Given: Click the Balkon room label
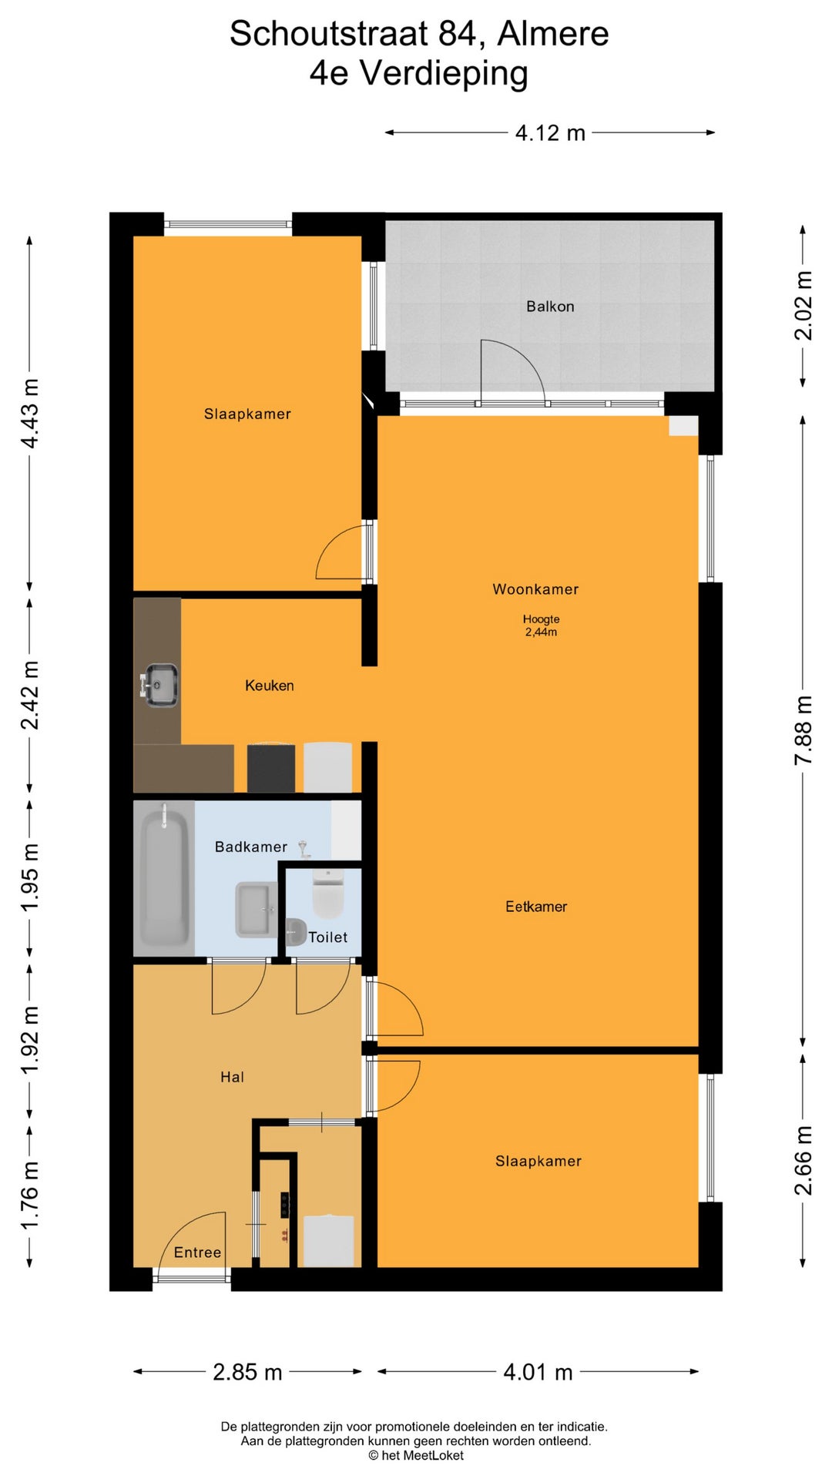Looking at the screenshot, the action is [550, 307].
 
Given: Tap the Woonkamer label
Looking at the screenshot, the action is [535, 589].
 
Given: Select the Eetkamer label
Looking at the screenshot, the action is [536, 907].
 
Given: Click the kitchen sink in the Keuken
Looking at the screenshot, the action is [159, 685].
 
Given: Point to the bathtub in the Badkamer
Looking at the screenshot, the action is [164, 878].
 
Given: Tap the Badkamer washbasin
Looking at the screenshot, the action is [257, 910].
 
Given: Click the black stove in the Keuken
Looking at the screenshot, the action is [270, 767].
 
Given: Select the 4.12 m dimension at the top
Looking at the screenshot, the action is [550, 132].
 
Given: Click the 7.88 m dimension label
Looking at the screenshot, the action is [803, 729].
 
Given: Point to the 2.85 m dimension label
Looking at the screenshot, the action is [247, 1372].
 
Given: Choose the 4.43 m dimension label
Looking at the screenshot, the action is [29, 414].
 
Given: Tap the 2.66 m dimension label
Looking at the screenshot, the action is [803, 1160].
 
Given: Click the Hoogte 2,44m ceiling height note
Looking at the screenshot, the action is [541, 625].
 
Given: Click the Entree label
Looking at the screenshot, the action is [197, 1253].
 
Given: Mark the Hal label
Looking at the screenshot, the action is [232, 1077].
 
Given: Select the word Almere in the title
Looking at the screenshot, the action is [553, 34].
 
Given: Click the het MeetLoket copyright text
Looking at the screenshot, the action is [416, 1455].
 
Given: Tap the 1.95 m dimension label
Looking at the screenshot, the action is [29, 877].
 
